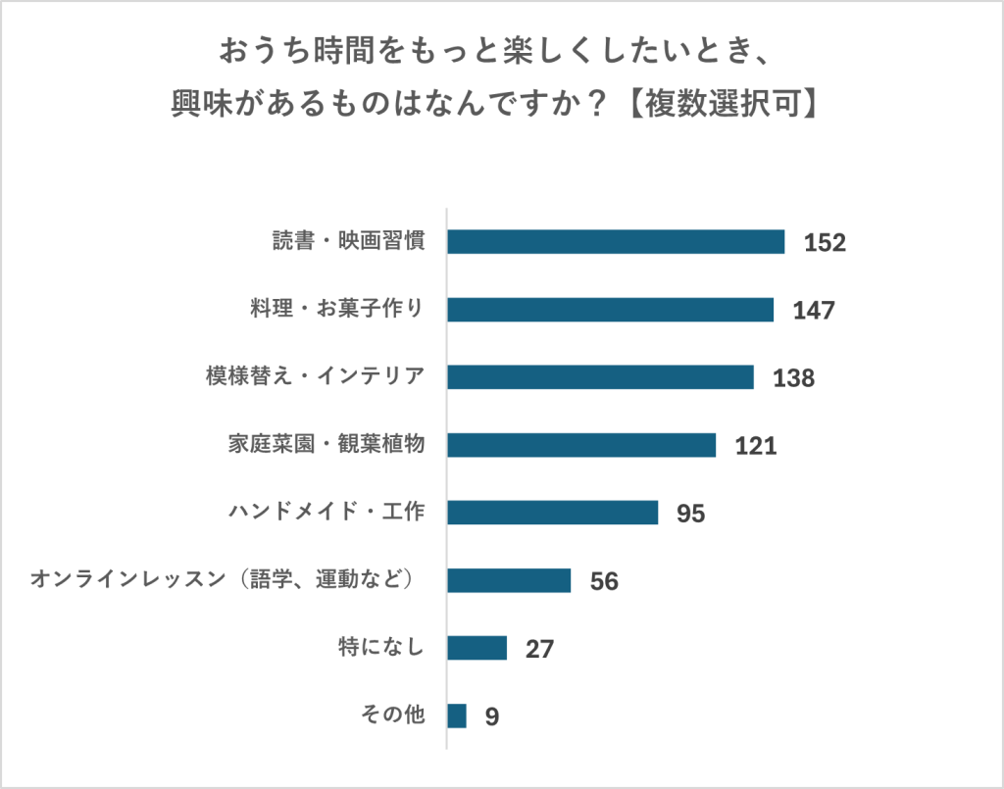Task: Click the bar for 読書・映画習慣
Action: pos(616,242)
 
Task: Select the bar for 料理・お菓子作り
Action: pos(610,310)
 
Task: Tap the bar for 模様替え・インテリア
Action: pos(600,377)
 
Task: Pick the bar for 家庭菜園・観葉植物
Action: pos(581,445)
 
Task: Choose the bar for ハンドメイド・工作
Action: pos(552,513)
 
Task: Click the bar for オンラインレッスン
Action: pos(509,580)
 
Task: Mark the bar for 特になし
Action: pos(477,648)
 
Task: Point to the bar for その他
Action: pos(457,715)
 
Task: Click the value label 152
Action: pos(825,243)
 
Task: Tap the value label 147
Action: pos(814,311)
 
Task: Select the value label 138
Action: pos(794,378)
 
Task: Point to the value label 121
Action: pos(756,446)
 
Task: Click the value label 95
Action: pos(691,514)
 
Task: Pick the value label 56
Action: pos(604,581)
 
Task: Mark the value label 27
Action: pos(540,649)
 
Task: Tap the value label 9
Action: pos(492,716)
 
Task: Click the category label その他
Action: pos(392,715)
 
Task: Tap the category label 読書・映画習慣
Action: pos(348,242)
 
